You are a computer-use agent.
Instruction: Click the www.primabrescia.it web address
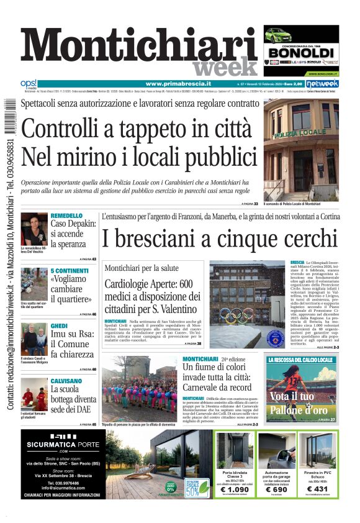(x=178, y=83)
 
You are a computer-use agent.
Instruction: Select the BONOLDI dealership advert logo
(x=300, y=52)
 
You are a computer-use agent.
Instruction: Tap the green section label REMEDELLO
(x=66, y=216)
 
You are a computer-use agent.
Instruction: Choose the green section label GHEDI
(x=59, y=325)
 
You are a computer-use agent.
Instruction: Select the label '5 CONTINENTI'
(x=70, y=271)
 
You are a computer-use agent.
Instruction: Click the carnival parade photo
(x=140, y=389)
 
